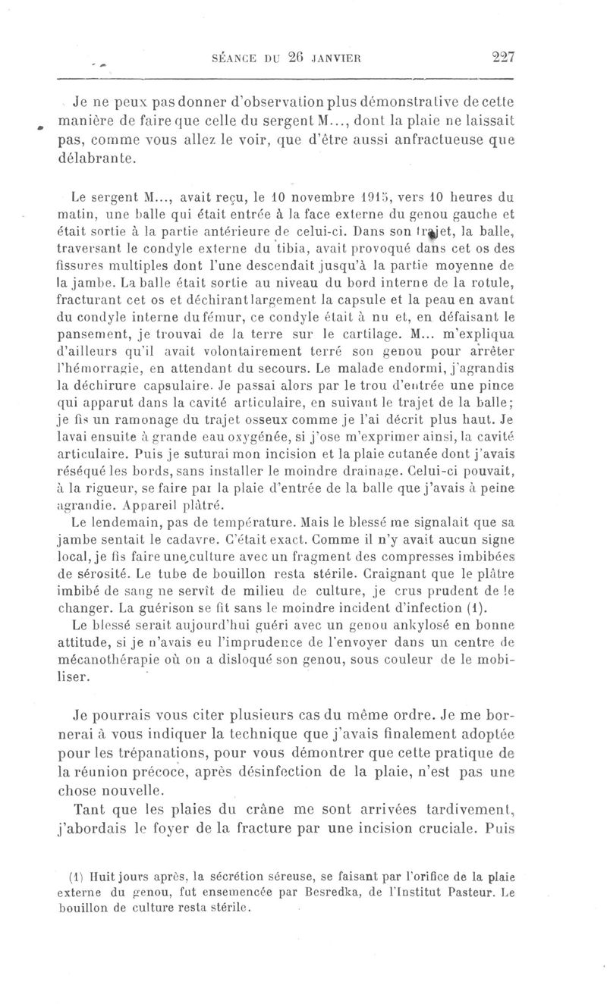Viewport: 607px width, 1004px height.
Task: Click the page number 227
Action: [x=502, y=55]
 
